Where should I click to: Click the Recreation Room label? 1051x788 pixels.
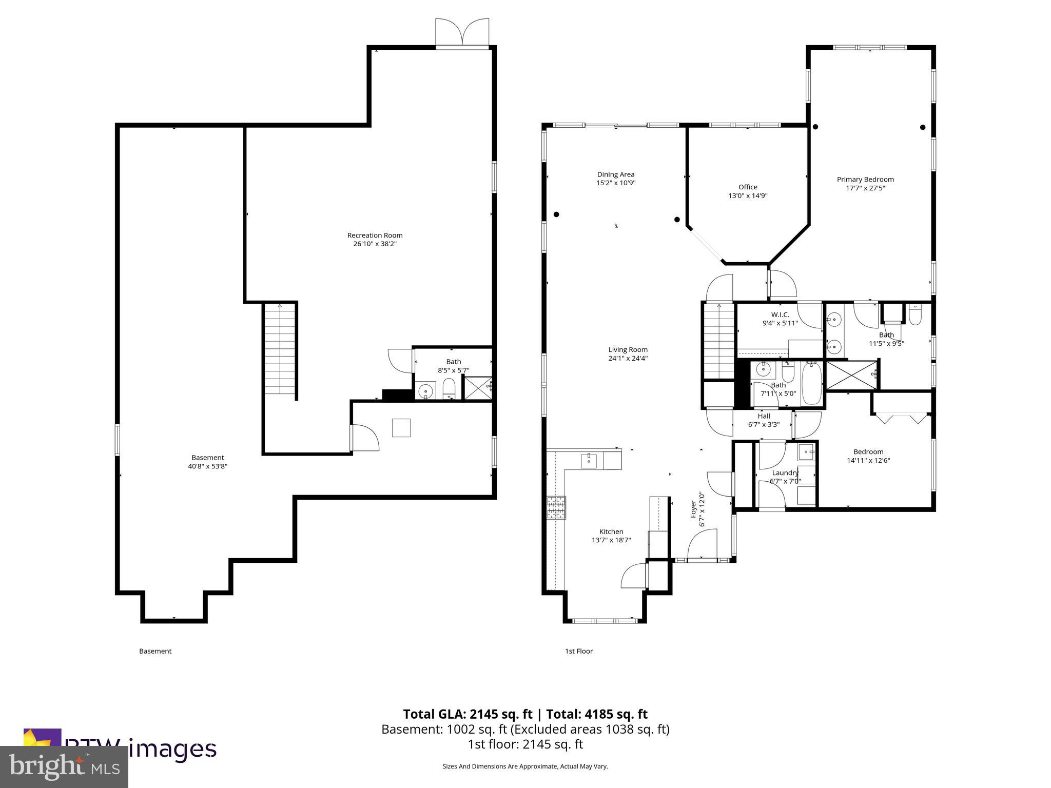click(x=375, y=235)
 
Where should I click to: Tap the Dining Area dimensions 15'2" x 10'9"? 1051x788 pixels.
click(x=615, y=183)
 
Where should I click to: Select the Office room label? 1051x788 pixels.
click(x=748, y=187)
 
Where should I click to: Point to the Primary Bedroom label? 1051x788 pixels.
click(x=865, y=180)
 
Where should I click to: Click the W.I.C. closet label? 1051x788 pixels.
click(x=780, y=314)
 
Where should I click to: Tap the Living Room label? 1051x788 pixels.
click(x=628, y=350)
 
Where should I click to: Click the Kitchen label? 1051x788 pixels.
click(x=611, y=531)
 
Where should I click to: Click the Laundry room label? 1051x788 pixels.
click(x=785, y=472)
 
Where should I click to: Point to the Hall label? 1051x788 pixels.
click(x=764, y=416)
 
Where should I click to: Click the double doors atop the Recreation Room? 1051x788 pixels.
click(x=462, y=33)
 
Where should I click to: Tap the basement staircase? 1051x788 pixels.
click(x=280, y=349)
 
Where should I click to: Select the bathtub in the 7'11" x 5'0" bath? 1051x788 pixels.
click(x=811, y=383)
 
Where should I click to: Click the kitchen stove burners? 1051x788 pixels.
click(x=556, y=508)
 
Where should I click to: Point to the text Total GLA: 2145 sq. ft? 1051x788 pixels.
click(x=467, y=714)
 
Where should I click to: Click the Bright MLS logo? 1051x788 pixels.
click(x=64, y=766)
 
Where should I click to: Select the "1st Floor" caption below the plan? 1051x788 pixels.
click(x=578, y=651)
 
